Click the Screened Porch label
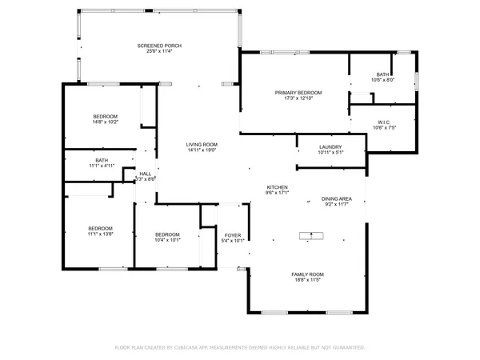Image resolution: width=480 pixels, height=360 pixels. click(x=150, y=46)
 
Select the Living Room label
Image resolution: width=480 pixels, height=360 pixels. click(x=202, y=144)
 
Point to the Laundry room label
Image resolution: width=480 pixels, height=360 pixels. click(x=330, y=146)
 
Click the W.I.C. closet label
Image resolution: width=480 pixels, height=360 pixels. click(x=384, y=122)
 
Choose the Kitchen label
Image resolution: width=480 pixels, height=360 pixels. click(x=277, y=187)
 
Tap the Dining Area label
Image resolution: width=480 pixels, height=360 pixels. click(x=337, y=198)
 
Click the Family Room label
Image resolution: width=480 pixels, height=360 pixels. click(x=307, y=274)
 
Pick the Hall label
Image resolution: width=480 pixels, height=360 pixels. click(x=146, y=174)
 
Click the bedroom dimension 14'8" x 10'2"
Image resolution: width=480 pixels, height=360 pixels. click(x=106, y=122)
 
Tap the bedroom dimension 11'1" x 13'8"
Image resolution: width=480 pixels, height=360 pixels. click(x=101, y=233)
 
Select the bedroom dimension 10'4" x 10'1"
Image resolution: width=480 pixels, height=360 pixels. click(x=167, y=239)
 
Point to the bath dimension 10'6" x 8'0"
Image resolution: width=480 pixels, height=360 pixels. click(x=383, y=80)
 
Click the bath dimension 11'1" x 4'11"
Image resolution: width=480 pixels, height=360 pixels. click(x=102, y=166)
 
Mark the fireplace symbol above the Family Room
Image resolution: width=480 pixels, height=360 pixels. click(x=308, y=235)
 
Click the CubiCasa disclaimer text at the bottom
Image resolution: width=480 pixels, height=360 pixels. click(x=240, y=347)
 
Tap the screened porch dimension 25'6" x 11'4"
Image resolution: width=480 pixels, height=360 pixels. click(x=150, y=52)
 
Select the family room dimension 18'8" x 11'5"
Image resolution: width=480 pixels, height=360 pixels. click(x=307, y=280)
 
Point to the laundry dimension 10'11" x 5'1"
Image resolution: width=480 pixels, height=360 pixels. click(x=330, y=152)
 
